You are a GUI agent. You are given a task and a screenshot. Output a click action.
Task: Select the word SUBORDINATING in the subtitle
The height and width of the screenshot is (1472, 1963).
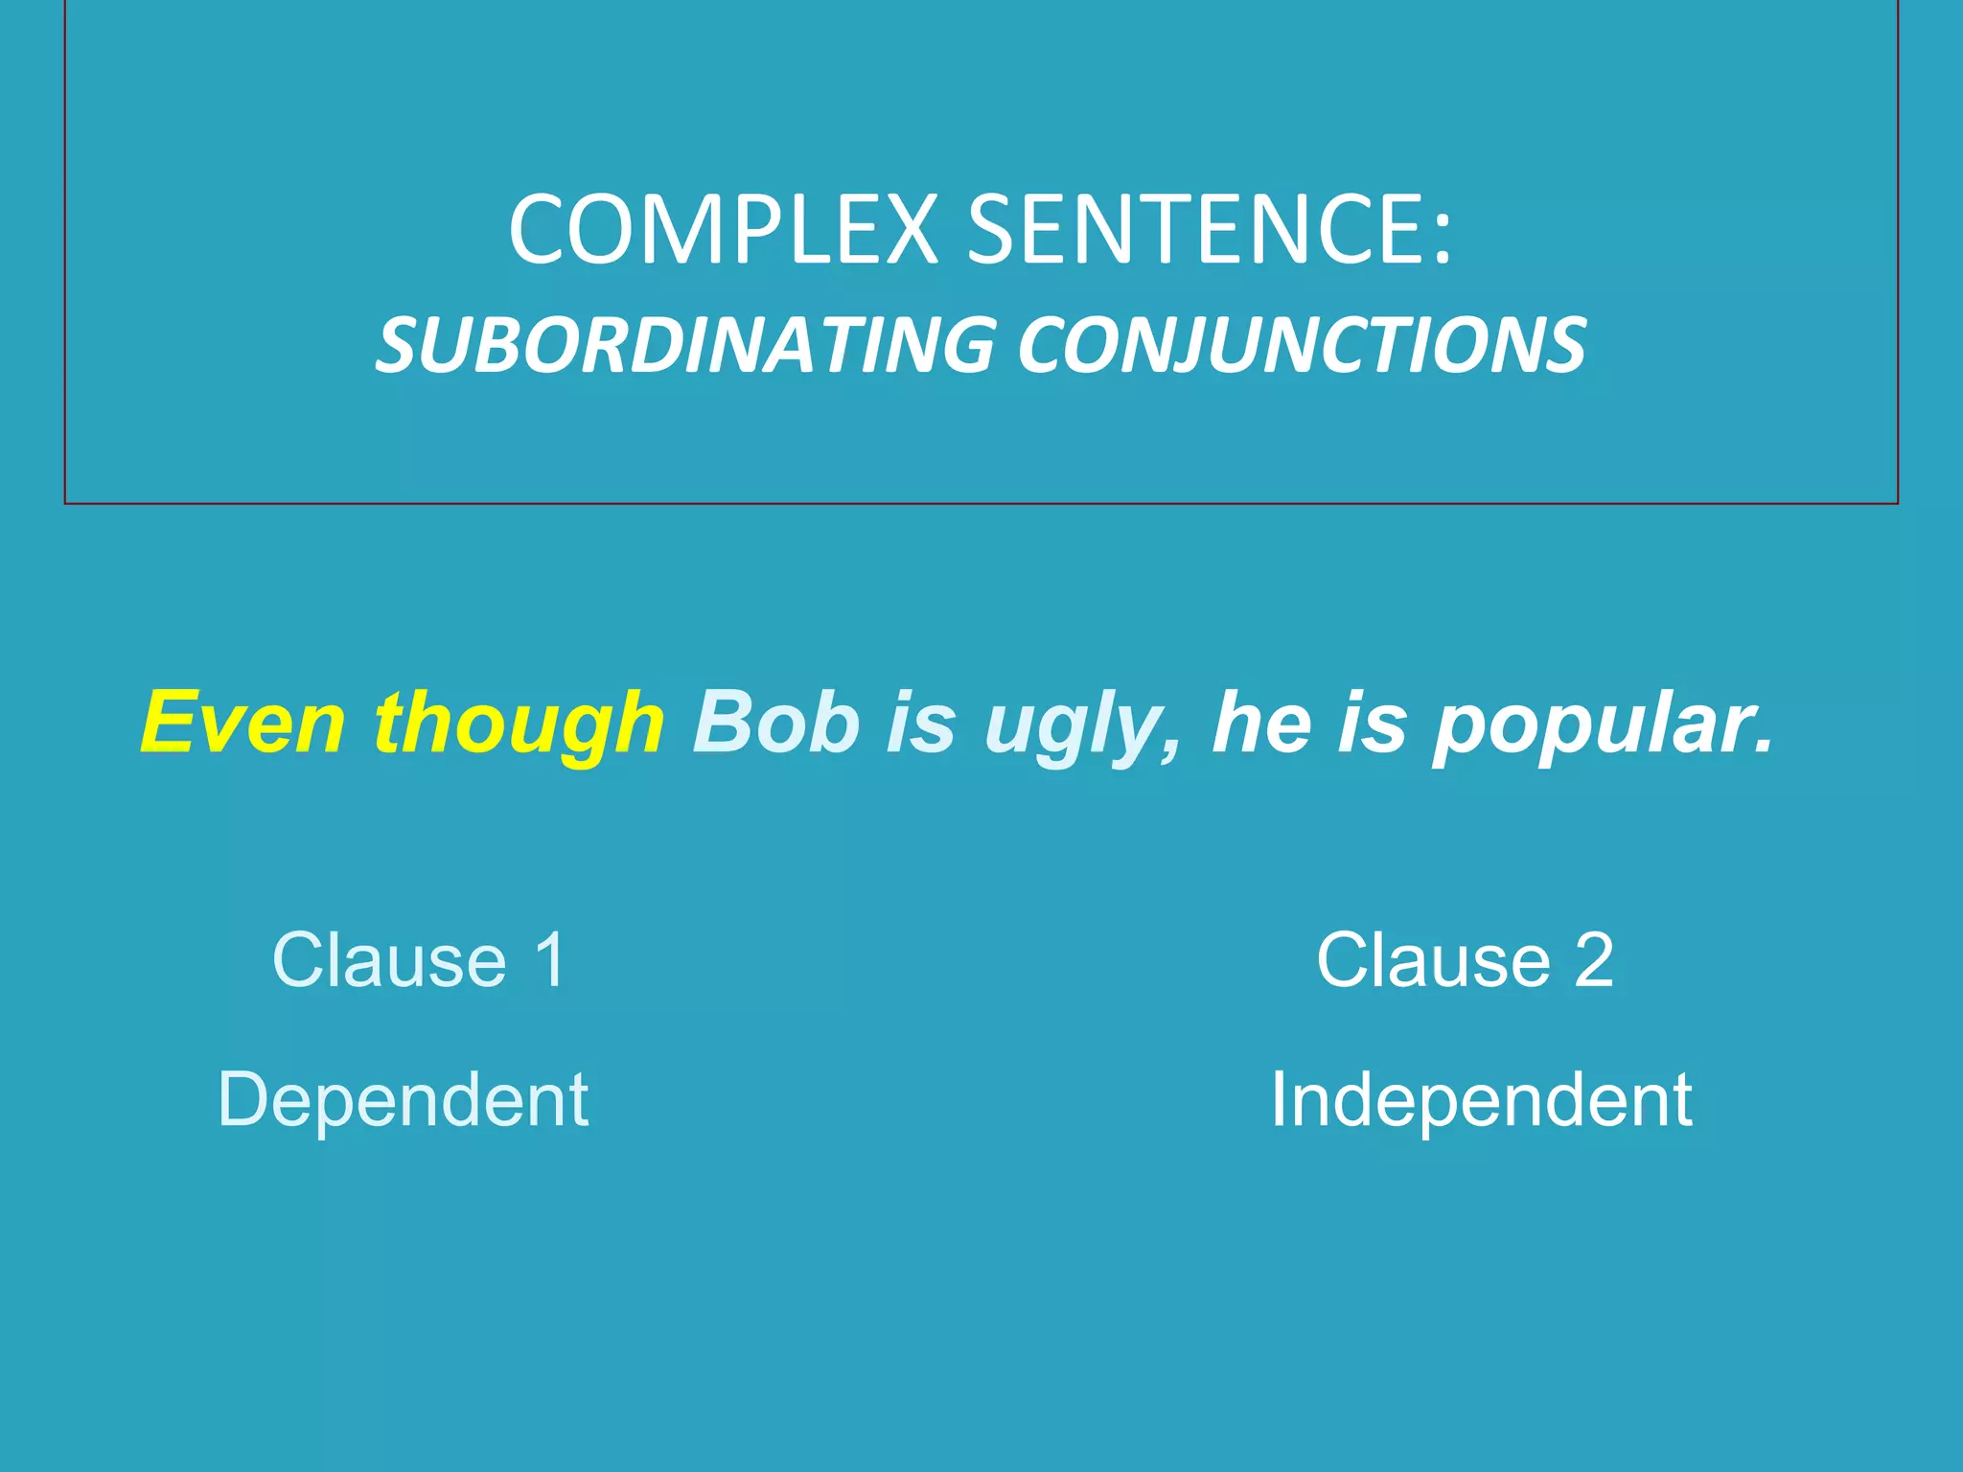(x=686, y=345)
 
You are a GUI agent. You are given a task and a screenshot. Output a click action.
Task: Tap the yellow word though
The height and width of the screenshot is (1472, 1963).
(x=519, y=724)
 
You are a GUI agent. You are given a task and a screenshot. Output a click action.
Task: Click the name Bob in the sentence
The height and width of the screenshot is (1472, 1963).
(x=776, y=723)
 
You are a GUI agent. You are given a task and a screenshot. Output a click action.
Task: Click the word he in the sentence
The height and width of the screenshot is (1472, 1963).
(x=1262, y=723)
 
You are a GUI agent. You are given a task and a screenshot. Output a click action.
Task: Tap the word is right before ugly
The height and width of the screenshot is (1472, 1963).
(x=921, y=723)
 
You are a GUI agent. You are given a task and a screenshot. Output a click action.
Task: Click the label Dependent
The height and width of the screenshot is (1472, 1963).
(x=403, y=1101)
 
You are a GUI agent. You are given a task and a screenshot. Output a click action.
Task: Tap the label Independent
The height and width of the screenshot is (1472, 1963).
(x=1481, y=1101)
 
